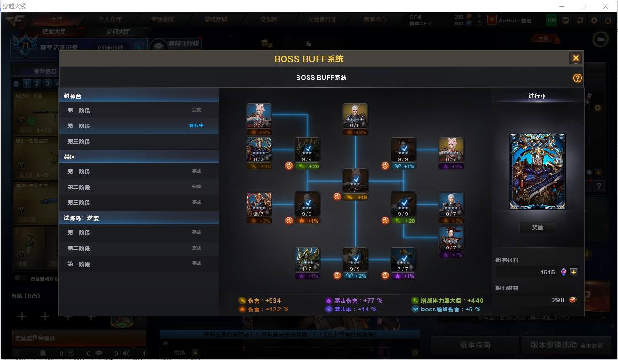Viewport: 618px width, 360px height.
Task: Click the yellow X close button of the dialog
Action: pyautogui.click(x=575, y=59)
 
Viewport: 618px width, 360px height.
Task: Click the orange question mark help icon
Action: pyautogui.click(x=577, y=78)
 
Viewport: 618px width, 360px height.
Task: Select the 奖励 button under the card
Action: pyautogui.click(x=538, y=227)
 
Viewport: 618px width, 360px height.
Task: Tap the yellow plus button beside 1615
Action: pyautogui.click(x=574, y=272)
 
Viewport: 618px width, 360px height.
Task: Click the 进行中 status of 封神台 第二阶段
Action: pyautogui.click(x=196, y=125)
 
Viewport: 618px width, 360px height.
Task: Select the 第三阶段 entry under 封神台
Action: pyautogui.click(x=79, y=142)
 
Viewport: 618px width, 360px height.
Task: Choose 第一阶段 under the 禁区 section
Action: pyautogui.click(x=79, y=172)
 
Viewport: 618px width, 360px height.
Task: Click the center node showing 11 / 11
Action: pyautogui.click(x=355, y=181)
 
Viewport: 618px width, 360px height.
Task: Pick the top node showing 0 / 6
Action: pyautogui.click(x=355, y=116)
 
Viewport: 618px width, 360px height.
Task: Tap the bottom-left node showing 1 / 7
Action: pyautogui.click(x=307, y=260)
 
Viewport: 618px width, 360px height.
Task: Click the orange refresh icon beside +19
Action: pyautogui.click(x=337, y=197)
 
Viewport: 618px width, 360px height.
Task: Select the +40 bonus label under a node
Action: pyautogui.click(x=259, y=166)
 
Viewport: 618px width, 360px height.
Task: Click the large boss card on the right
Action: pyautogui.click(x=538, y=171)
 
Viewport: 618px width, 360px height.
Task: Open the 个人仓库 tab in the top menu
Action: pyautogui.click(x=110, y=20)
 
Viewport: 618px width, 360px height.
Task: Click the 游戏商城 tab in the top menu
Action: pyautogui.click(x=216, y=20)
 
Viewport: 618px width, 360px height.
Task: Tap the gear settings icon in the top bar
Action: pyautogui.click(x=594, y=20)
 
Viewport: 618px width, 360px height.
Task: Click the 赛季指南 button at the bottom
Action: pyautogui.click(x=475, y=345)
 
